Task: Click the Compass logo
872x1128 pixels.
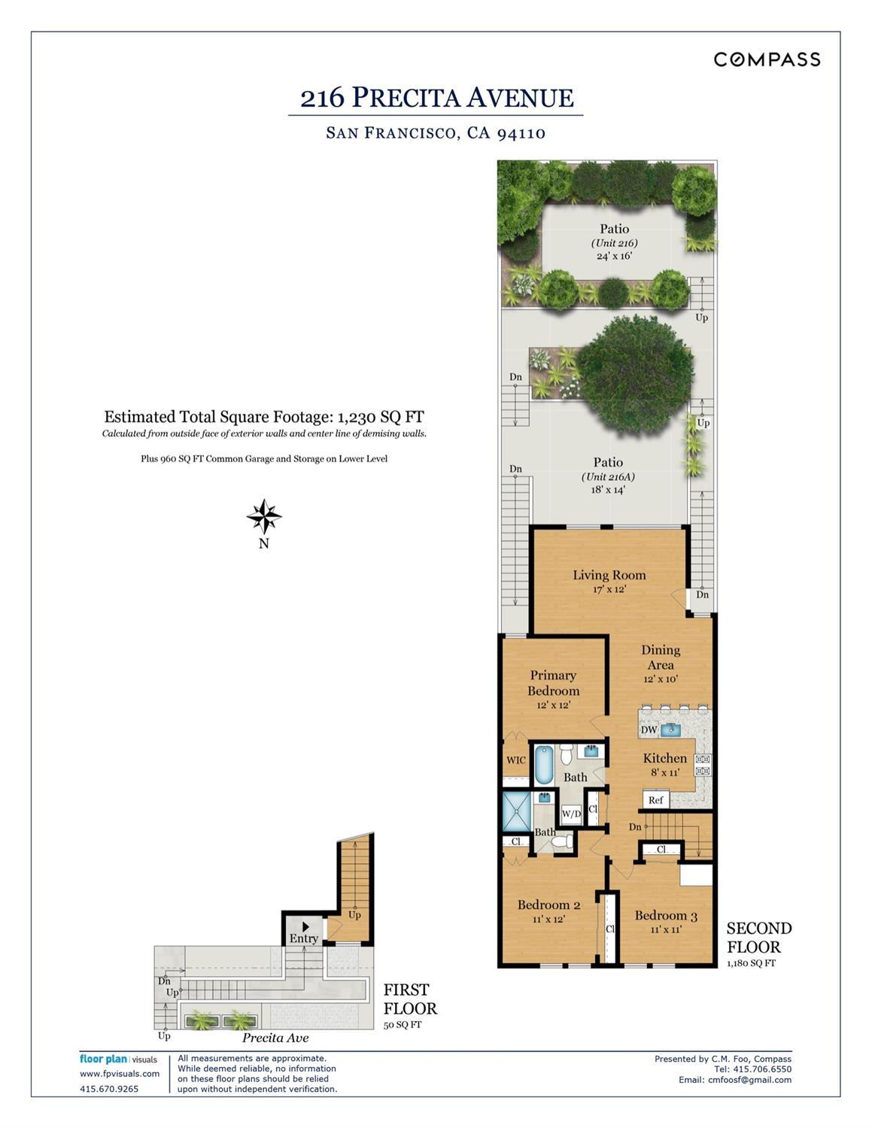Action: coord(767,59)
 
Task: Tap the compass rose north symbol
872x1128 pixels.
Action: coord(264,516)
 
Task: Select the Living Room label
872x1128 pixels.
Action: coord(609,575)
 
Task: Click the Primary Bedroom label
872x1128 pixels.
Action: coord(553,683)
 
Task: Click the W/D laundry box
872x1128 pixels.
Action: coord(572,813)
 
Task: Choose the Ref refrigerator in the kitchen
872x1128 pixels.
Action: coord(656,800)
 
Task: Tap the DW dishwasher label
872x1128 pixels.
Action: coord(649,730)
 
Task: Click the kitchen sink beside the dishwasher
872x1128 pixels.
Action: coord(671,729)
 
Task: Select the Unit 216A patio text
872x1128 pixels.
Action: coord(608,476)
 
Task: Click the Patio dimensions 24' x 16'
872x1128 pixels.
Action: coord(615,256)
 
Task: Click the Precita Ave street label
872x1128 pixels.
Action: coord(275,1038)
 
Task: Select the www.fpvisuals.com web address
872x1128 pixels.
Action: coord(120,1074)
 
